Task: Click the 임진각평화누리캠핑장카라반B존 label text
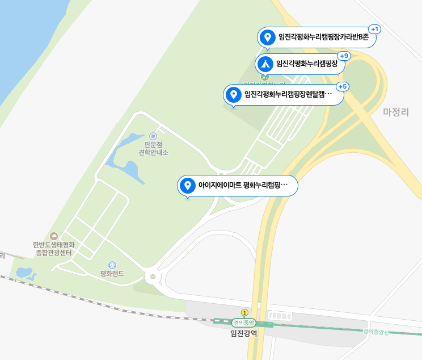coord(323,38)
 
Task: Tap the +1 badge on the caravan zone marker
coord(375,29)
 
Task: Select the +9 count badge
coord(344,56)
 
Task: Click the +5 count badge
coord(343,86)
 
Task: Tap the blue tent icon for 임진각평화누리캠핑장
coord(265,64)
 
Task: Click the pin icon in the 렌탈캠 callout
coord(233,94)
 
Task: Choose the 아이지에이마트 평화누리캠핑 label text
coord(243,186)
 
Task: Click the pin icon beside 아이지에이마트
coord(188,185)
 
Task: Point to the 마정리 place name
coord(396,112)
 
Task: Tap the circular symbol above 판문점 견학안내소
coord(153,136)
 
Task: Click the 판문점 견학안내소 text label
coord(153,148)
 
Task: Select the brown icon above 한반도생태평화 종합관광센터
coord(54,236)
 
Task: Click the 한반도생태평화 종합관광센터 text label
coord(54,249)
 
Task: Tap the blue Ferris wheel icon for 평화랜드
coord(112,265)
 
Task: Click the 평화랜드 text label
coord(112,274)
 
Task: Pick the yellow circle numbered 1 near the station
coord(244,312)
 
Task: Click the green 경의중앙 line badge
coord(244,323)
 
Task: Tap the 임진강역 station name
coord(243,333)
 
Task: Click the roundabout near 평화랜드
coord(152,277)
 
